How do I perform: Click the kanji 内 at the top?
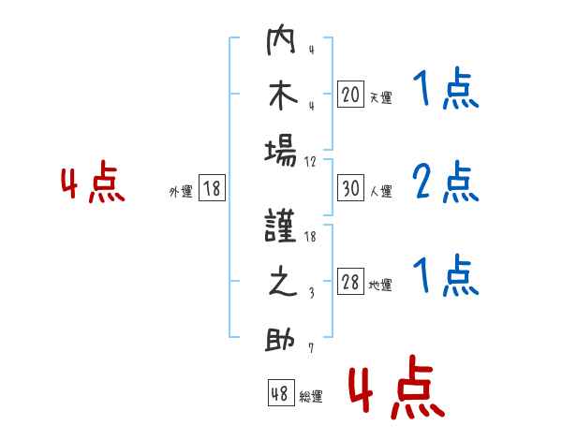[x=281, y=39]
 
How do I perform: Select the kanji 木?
[x=283, y=95]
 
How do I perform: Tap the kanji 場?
[x=281, y=153]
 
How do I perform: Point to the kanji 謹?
[x=281, y=226]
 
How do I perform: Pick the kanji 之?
[x=283, y=281]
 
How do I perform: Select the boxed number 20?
[x=350, y=95]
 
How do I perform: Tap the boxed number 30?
[x=350, y=188]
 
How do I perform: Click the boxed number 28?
[x=350, y=281]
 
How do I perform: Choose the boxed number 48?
[x=281, y=392]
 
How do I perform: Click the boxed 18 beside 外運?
[x=212, y=188]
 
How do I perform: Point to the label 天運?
[x=380, y=97]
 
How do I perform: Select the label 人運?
[x=380, y=191]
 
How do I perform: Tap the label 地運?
[x=380, y=285]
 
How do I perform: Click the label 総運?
[x=311, y=396]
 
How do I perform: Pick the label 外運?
[x=181, y=191]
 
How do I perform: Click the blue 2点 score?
[x=446, y=182]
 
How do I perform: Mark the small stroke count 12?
[x=310, y=162]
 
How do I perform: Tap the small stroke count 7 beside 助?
[x=311, y=348]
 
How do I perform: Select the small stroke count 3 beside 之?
[x=312, y=293]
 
